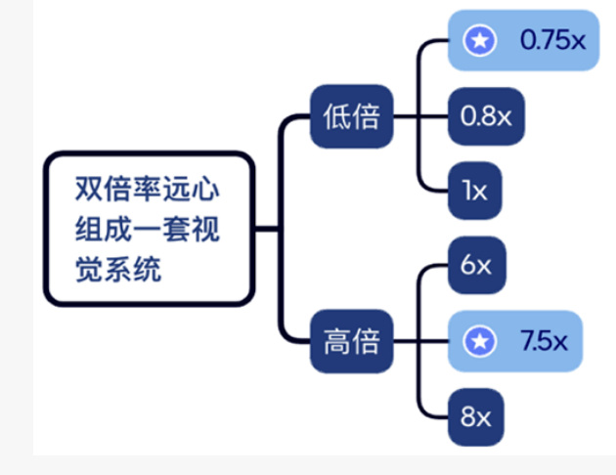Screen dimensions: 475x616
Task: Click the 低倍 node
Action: coord(351,117)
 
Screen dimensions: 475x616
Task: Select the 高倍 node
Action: coord(351,343)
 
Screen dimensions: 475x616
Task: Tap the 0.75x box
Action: coord(522,40)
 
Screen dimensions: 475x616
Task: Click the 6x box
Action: coord(476,265)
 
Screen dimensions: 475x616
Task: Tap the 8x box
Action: coord(475,417)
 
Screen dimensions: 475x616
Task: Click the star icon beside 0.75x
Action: coord(479,40)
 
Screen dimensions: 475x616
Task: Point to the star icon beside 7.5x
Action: coord(479,341)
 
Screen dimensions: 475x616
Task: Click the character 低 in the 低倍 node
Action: coord(335,117)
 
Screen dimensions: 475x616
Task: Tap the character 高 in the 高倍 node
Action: coord(335,343)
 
